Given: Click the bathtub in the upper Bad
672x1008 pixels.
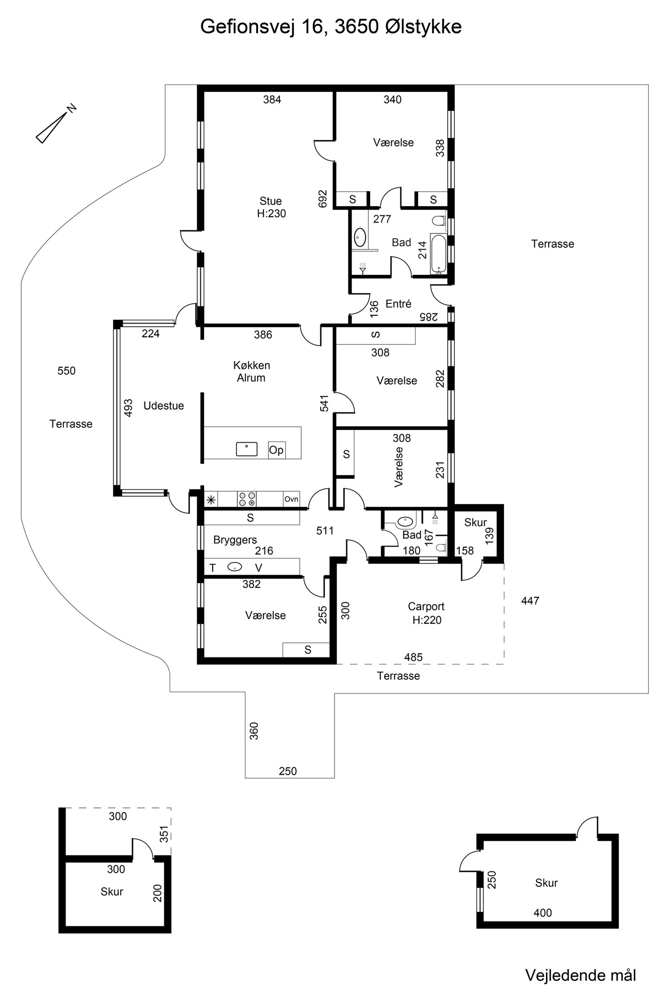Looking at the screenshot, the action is point(438,254).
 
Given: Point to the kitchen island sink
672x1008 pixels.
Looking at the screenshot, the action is point(247,449).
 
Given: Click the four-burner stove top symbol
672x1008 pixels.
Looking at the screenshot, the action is point(247,499).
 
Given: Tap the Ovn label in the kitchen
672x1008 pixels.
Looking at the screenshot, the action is point(291,499).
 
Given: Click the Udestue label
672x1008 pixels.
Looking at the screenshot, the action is point(164,406).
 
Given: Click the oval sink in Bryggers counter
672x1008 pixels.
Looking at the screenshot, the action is point(234,567).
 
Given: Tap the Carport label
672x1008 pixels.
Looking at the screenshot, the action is point(426,606).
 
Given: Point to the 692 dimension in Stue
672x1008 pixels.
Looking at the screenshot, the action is point(323,199).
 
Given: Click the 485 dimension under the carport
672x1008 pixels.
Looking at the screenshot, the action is point(413,657).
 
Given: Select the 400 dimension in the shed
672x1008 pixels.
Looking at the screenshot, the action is point(543,913).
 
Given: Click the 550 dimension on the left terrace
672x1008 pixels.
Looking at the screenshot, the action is point(66,371).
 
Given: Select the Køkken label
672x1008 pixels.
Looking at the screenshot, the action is point(252,365).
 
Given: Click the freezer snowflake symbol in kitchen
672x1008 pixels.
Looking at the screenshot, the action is point(211,499).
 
